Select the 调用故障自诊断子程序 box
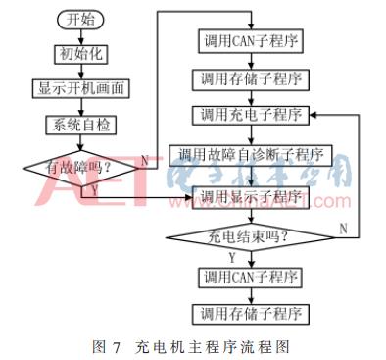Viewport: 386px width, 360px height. coord(255,154)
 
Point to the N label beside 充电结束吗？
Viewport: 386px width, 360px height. coord(343,228)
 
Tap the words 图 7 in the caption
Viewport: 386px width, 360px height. coord(104,344)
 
